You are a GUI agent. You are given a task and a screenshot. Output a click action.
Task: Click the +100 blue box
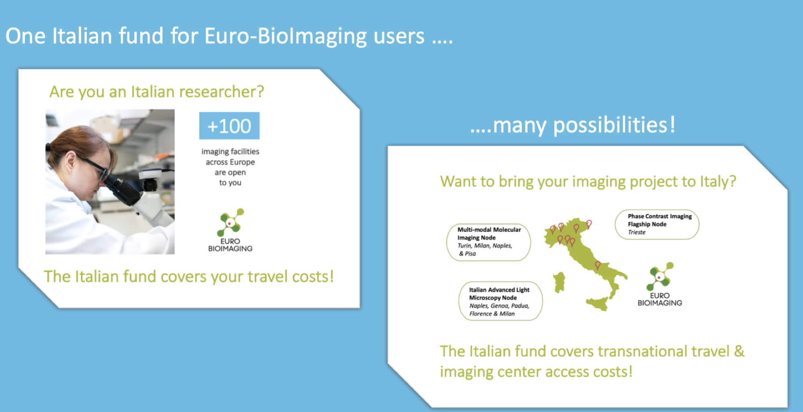pos(229,126)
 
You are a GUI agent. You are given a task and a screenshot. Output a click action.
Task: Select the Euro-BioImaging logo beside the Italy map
pos(660,284)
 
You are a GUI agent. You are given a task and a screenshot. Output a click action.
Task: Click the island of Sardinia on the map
pos(559,282)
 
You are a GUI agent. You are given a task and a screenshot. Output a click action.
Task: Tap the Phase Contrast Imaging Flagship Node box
pos(657,224)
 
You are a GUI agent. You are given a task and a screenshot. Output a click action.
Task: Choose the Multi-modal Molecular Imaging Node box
pos(488,242)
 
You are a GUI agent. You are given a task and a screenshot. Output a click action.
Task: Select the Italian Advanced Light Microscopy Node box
pos(501,301)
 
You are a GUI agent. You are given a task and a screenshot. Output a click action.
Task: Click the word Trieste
pos(637,232)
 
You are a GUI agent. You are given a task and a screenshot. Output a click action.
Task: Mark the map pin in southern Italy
pos(598,265)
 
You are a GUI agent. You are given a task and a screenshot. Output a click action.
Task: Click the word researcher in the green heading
pos(221,92)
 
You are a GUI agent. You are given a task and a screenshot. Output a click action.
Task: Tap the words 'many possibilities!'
pos(584,125)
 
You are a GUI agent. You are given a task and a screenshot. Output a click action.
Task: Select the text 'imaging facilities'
pos(230,152)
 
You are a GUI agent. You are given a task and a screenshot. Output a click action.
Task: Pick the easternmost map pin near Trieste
pos(589,224)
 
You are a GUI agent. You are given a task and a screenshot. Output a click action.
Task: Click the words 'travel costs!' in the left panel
pos(290,277)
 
